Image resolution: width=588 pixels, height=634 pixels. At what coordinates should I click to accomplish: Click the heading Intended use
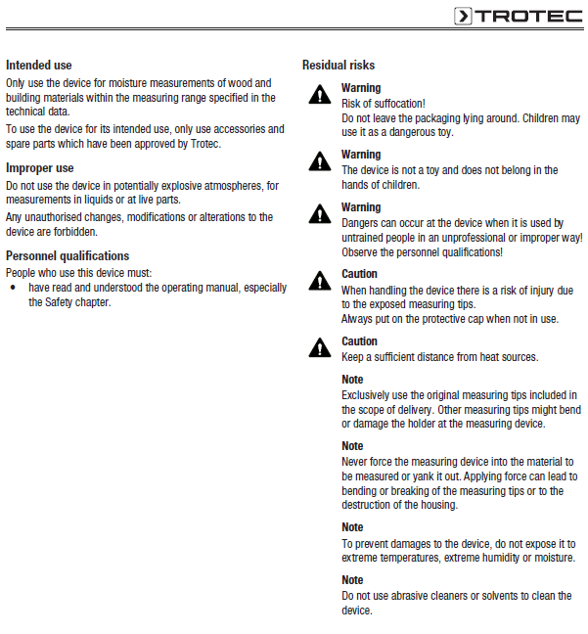[39, 65]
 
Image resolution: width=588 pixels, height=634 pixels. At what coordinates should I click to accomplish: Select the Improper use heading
[40, 168]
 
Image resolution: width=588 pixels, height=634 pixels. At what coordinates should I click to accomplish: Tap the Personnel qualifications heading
[67, 255]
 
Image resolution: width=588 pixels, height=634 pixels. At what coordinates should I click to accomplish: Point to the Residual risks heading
[339, 65]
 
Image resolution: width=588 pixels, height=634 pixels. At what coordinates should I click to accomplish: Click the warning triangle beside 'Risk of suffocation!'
[319, 95]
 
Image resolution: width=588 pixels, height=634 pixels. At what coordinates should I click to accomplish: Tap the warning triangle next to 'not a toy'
[319, 160]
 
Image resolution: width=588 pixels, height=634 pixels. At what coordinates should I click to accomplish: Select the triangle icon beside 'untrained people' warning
[319, 213]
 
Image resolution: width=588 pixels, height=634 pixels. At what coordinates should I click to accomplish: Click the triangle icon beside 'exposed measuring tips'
[319, 281]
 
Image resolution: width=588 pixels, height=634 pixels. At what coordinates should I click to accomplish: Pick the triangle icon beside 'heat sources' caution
[319, 347]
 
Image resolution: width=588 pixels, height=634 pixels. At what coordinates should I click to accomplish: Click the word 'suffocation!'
[398, 103]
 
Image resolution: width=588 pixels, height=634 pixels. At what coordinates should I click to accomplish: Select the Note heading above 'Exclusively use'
[352, 380]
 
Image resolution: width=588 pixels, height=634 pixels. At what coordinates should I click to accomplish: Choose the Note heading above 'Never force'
[352, 446]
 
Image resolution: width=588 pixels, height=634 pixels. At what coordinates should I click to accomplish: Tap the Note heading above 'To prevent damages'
[352, 527]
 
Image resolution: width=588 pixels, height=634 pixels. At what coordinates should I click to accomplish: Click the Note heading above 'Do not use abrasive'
[352, 580]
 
